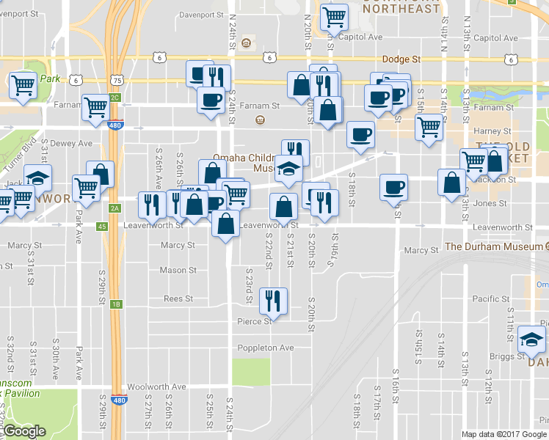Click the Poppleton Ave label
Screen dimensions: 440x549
[266, 348]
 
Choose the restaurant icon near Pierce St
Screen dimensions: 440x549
[273, 298]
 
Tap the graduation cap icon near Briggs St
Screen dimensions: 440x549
[531, 338]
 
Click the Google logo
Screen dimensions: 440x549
[23, 431]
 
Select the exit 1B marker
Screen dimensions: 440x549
[116, 304]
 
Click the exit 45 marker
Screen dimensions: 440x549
[102, 226]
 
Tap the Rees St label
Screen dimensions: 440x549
[178, 298]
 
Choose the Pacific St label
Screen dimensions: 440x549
[490, 298]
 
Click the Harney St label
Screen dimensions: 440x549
[492, 131]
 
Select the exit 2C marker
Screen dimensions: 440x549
[114, 97]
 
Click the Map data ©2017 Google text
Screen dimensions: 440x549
[504, 434]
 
